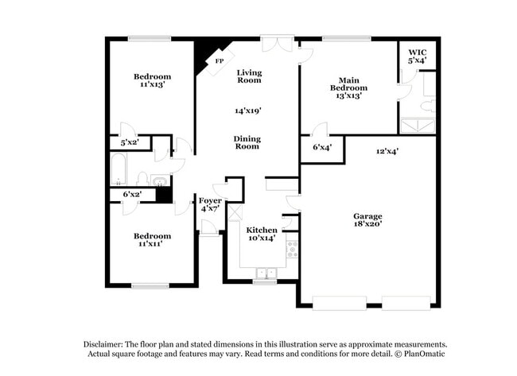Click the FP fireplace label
[x=219, y=61]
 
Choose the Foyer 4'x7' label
[x=210, y=204]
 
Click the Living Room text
[x=250, y=76]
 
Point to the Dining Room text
[x=247, y=142]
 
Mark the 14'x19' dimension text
[x=249, y=110]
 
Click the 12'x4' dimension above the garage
[x=387, y=150]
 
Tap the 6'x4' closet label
[x=322, y=147]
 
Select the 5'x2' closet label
[x=129, y=143]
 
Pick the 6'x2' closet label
[x=132, y=194]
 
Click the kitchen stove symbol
[x=292, y=250]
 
